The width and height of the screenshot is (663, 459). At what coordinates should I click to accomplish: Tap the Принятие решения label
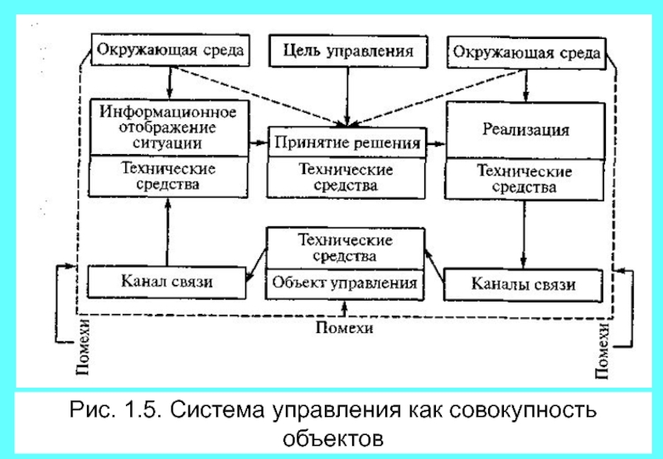coord(347,143)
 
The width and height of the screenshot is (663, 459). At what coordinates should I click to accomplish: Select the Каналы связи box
coord(523,284)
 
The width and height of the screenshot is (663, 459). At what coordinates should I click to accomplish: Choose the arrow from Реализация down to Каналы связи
coord(522,232)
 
